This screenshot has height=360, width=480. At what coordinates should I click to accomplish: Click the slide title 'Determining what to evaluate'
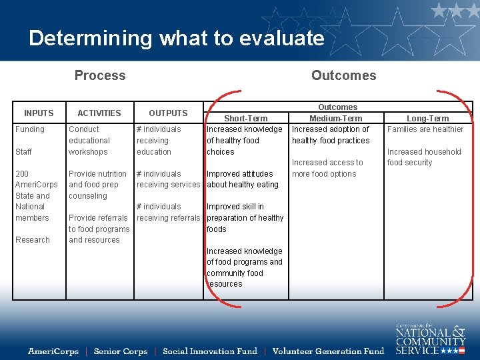(177, 38)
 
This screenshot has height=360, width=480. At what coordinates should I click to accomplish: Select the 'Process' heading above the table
(100, 75)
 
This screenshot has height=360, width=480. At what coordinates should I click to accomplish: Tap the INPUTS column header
(39, 113)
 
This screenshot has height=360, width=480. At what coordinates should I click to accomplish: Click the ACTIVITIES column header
(99, 113)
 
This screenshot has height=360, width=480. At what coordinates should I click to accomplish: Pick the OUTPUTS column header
(168, 113)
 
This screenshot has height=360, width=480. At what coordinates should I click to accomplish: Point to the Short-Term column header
(245, 119)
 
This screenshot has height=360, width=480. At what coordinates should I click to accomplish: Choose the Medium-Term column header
(335, 119)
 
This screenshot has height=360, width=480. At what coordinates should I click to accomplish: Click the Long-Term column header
(427, 119)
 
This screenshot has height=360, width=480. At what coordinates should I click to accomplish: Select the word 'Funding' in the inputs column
(30, 129)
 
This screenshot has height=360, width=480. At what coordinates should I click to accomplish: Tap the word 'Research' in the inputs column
(33, 240)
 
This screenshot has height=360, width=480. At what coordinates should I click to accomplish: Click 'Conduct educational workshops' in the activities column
(89, 141)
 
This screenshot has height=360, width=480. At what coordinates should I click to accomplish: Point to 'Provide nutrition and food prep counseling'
(97, 185)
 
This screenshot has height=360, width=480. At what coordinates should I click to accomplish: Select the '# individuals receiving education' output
(159, 141)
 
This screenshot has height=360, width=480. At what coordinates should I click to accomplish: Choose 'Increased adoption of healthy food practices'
(331, 135)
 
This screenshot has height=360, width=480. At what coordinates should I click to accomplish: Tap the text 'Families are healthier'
(425, 129)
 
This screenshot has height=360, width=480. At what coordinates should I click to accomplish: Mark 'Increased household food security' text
(424, 157)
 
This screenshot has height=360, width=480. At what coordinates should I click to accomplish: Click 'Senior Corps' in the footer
(121, 351)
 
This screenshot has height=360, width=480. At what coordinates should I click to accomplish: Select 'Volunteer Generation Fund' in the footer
(329, 351)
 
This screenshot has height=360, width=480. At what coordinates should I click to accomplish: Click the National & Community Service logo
(430, 339)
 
